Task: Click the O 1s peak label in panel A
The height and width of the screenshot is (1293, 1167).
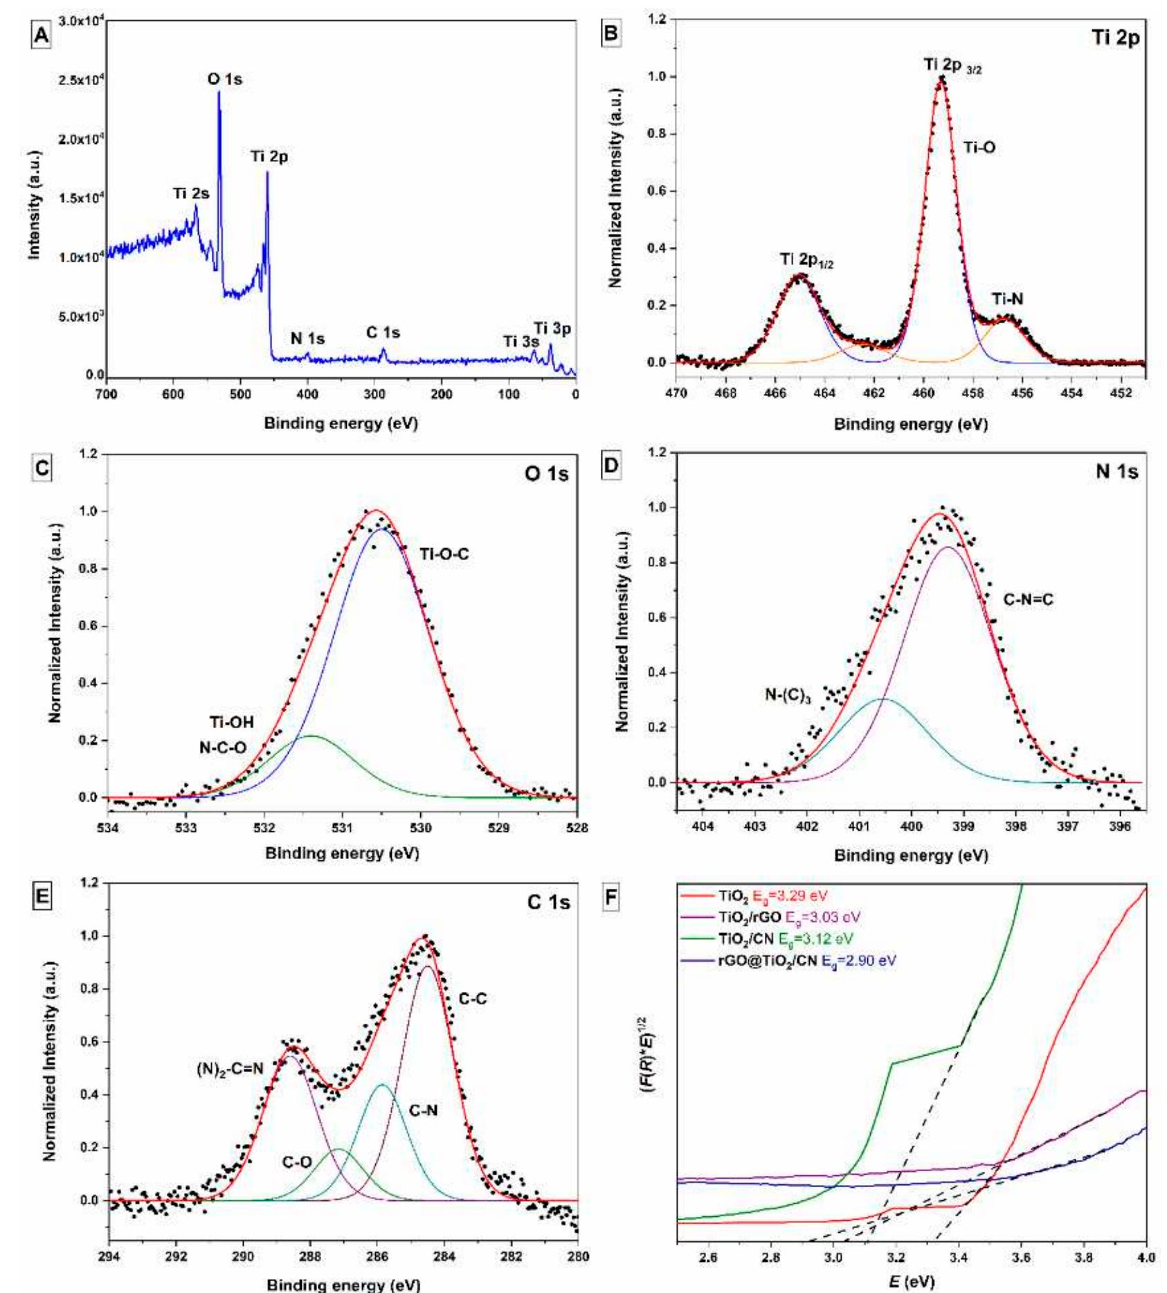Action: tap(225, 79)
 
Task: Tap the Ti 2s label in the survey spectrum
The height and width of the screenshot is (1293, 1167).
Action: tap(190, 194)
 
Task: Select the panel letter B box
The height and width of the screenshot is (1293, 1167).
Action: tap(611, 33)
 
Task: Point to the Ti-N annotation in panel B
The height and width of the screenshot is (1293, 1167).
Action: tap(1007, 299)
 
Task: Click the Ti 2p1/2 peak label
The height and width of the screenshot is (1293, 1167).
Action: tap(806, 260)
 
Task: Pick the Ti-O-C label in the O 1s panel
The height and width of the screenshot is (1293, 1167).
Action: tap(444, 554)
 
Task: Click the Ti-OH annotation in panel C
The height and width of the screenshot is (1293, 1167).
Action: tap(232, 723)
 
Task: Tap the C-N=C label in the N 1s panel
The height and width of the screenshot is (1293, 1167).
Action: tap(1029, 599)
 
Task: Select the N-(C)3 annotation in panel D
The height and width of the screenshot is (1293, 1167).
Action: tap(788, 695)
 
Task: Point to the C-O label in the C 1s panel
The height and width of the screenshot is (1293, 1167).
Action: tap(296, 1162)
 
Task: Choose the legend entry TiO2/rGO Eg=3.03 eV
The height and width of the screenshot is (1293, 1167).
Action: tap(788, 917)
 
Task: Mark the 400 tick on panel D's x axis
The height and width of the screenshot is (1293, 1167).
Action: tap(911, 826)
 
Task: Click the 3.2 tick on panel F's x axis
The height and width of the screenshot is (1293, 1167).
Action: tap(896, 1257)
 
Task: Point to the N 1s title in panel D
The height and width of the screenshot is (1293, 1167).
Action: tap(1116, 472)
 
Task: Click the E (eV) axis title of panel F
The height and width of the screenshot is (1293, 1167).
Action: tap(912, 1281)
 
